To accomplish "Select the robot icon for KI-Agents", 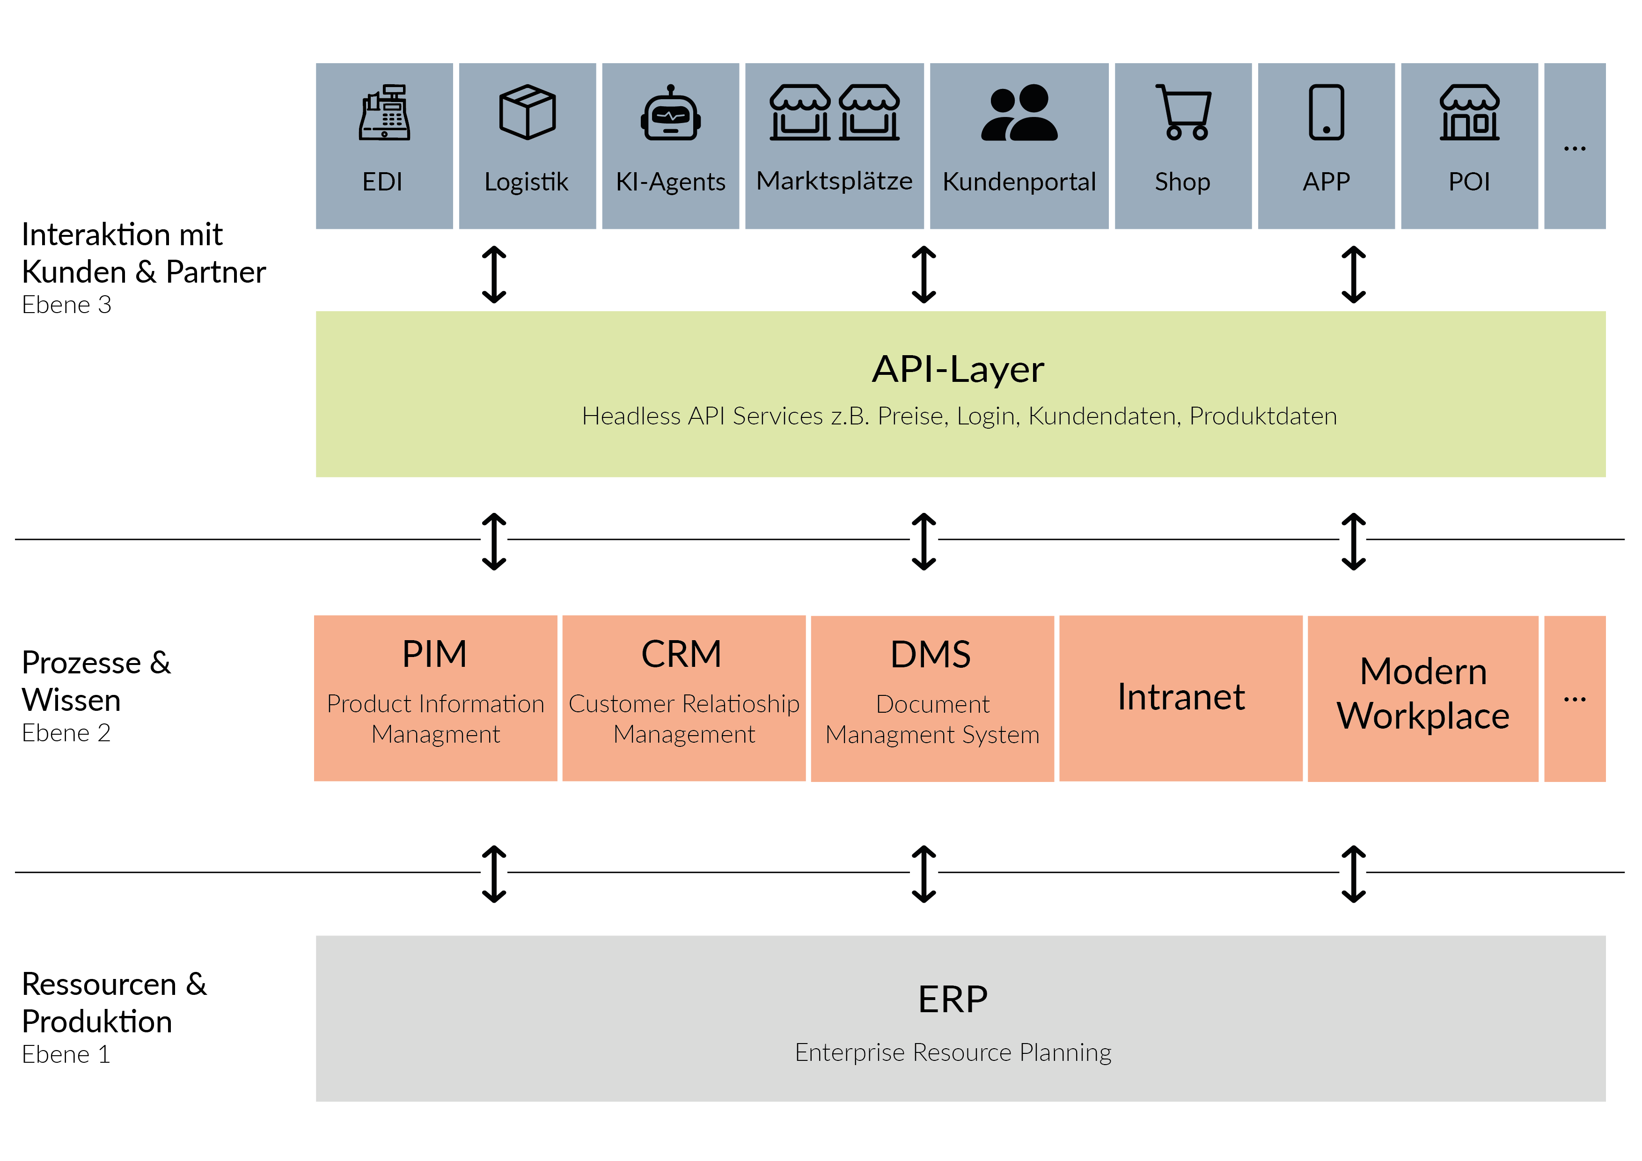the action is (x=671, y=112).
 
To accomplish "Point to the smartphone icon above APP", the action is (x=1327, y=112).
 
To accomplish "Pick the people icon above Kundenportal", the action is (x=1019, y=112).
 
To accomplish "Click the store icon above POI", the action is (x=1470, y=112).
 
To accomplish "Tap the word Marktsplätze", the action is (x=835, y=181).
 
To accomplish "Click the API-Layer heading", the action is (x=958, y=370).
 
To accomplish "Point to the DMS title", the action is (x=931, y=654).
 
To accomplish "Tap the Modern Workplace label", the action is (x=1423, y=694).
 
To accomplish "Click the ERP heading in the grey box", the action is (x=953, y=999).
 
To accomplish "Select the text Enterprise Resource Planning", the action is (x=953, y=1052).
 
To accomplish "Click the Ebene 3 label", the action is (x=66, y=305).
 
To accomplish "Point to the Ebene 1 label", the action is (x=66, y=1054).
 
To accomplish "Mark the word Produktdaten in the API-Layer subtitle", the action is (x=1263, y=416).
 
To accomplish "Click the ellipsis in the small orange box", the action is (x=1575, y=699).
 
